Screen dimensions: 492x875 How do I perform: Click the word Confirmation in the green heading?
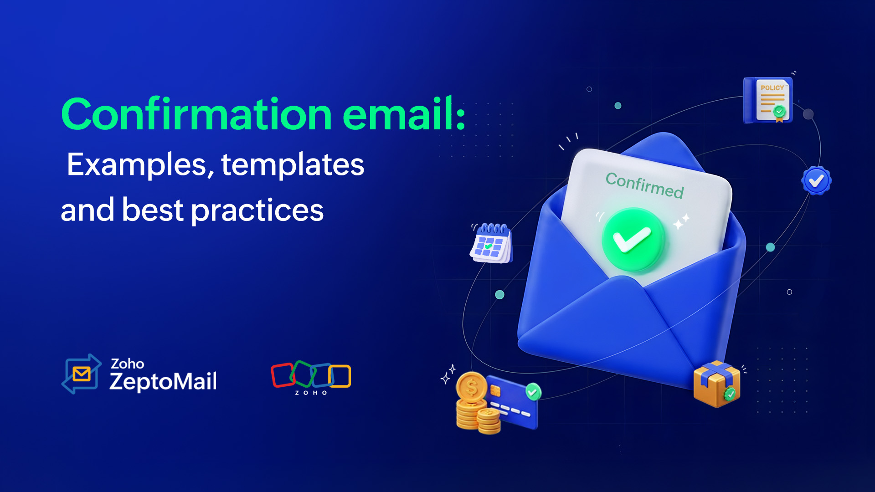click(196, 114)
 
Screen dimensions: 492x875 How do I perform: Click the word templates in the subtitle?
click(293, 164)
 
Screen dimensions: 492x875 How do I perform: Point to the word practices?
click(257, 210)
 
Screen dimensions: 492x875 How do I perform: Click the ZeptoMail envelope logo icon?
click(82, 374)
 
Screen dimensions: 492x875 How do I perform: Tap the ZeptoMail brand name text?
click(163, 381)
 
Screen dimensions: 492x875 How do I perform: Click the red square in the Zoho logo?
click(283, 375)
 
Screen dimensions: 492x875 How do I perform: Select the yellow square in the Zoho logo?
click(340, 376)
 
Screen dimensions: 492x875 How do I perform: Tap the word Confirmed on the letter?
click(644, 185)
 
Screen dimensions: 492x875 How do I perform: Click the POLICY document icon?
click(768, 100)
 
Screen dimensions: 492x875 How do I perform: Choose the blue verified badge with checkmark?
click(816, 181)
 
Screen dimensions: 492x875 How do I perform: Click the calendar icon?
click(491, 243)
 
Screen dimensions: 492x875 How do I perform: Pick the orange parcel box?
click(715, 384)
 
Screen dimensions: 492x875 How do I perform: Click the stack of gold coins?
click(475, 403)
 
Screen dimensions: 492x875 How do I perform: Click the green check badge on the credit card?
click(533, 391)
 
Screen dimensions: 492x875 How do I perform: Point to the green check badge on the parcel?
click(730, 393)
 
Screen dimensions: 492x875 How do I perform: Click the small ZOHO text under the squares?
click(311, 393)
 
